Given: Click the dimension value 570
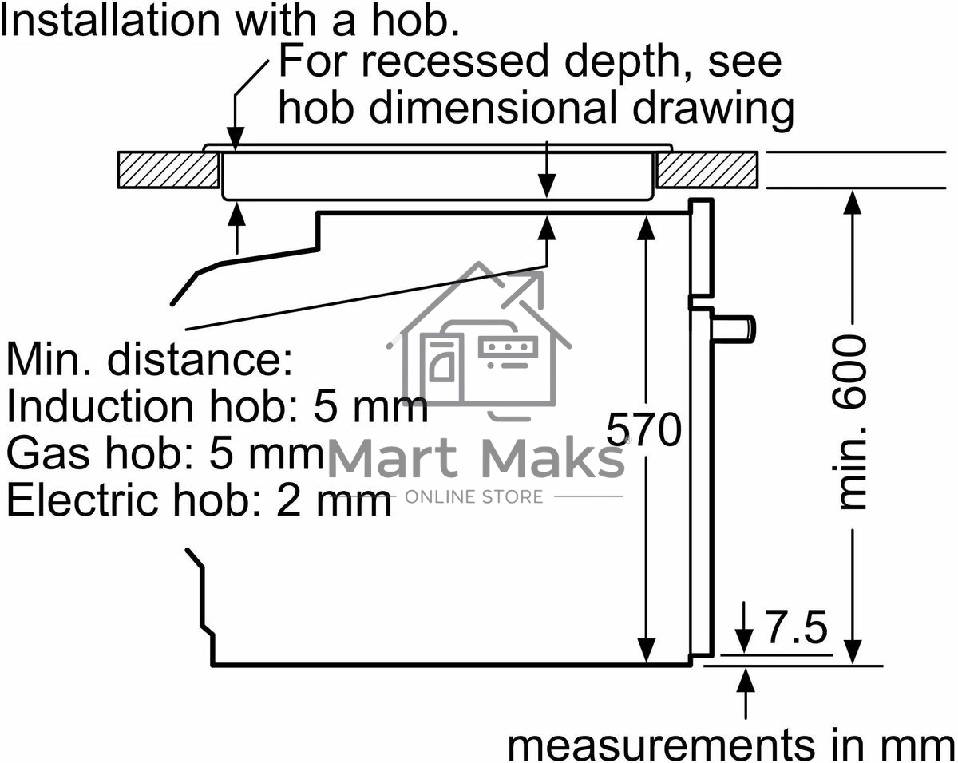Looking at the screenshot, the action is point(643,429).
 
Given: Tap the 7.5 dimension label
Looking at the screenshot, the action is point(796,627).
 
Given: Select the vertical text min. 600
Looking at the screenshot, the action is point(849,422).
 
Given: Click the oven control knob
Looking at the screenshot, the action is point(733,328).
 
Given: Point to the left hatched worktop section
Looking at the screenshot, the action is point(168,170).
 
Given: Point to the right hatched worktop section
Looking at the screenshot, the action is point(707,170).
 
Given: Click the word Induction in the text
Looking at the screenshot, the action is point(100,406).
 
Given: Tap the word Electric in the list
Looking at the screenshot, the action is point(83,500).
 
